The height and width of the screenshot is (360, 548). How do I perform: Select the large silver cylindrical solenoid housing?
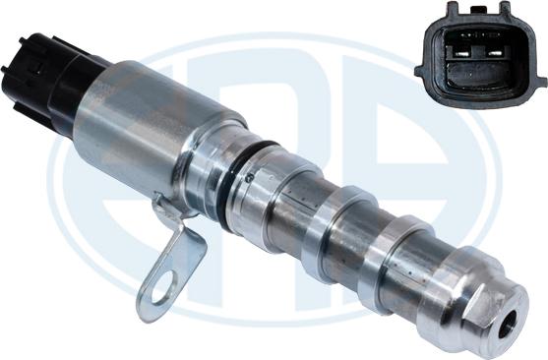(x=157, y=123)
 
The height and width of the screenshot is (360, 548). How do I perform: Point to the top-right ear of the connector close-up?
(x=506, y=11)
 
